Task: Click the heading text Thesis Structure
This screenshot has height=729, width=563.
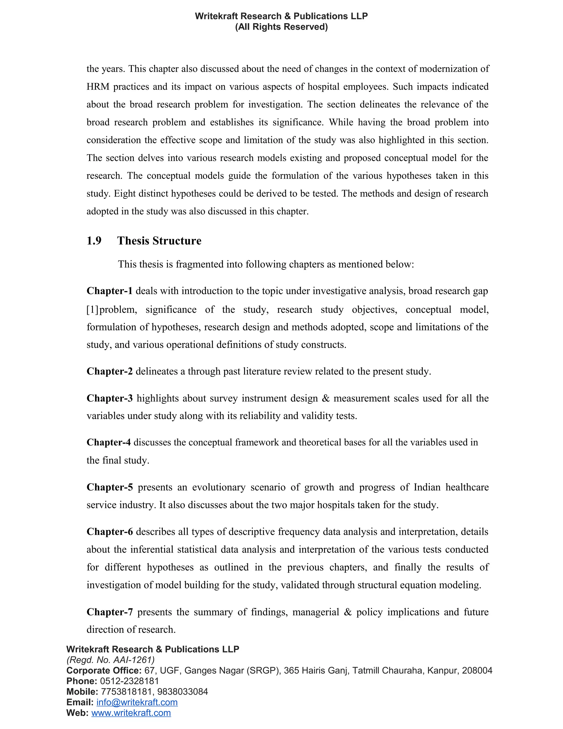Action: click(159, 241)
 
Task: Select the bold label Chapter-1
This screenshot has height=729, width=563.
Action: click(109, 291)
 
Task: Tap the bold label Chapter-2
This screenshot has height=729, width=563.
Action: click(109, 371)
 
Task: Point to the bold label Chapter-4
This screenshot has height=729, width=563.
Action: click(108, 442)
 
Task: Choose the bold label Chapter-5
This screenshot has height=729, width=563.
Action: click(109, 487)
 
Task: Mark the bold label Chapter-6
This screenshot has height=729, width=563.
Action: click(109, 531)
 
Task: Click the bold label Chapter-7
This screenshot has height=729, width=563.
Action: click(109, 612)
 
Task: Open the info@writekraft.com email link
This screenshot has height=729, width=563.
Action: click(137, 702)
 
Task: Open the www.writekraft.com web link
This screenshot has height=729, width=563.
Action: click(131, 713)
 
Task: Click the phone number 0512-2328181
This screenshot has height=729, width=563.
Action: click(129, 681)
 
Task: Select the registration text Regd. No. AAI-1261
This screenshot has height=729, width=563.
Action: click(111, 660)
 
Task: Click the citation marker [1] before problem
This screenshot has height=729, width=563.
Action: click(92, 309)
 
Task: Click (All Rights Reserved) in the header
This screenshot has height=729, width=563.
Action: click(281, 27)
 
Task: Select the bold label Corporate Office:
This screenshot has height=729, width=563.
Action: click(104, 671)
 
